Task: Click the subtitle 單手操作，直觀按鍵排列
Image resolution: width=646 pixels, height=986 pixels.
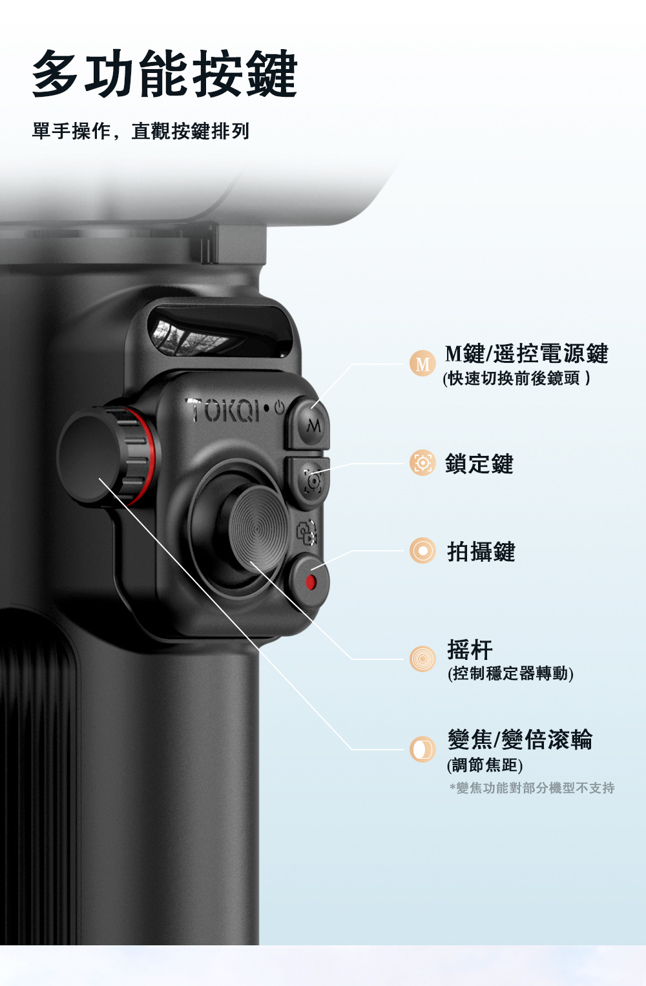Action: pyautogui.click(x=141, y=131)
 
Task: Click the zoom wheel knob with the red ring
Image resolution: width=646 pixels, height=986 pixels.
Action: pyautogui.click(x=108, y=457)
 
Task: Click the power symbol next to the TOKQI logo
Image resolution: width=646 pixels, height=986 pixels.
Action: pyautogui.click(x=279, y=407)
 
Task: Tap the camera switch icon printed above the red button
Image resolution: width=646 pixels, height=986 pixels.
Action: pyautogui.click(x=306, y=532)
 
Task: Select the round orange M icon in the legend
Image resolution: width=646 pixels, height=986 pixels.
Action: pyautogui.click(x=422, y=364)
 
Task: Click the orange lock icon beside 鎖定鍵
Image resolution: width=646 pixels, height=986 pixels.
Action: pyautogui.click(x=422, y=463)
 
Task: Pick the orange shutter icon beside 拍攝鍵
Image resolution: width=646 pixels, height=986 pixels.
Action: pyautogui.click(x=422, y=551)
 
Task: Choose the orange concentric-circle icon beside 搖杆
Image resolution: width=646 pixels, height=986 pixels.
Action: pyautogui.click(x=422, y=659)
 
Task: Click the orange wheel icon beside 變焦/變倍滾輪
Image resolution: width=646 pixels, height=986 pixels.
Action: pyautogui.click(x=422, y=750)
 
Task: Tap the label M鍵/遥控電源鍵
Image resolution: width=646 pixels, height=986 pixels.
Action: pyautogui.click(x=526, y=353)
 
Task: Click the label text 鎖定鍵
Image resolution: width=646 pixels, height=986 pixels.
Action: pyautogui.click(x=479, y=464)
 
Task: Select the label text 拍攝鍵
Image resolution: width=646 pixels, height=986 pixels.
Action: pyautogui.click(x=481, y=551)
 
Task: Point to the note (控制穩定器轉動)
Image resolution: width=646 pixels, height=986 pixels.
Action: pyautogui.click(x=510, y=674)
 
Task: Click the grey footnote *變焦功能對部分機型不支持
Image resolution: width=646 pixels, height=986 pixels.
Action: pyautogui.click(x=532, y=788)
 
